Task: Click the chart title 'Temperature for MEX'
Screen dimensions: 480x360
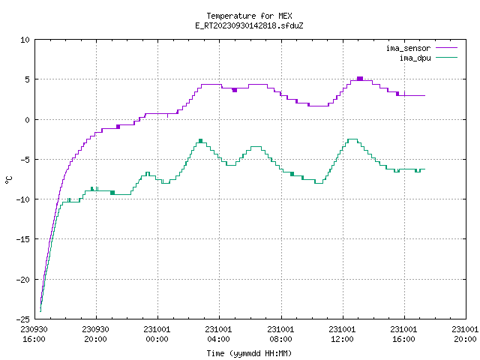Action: click(249, 16)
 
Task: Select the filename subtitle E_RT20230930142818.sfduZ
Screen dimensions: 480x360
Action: click(249, 25)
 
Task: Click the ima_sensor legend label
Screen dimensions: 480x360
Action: click(408, 48)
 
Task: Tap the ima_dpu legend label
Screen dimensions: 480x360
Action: click(415, 58)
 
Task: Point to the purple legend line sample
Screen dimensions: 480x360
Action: click(447, 48)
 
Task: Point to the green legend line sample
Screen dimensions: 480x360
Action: click(447, 57)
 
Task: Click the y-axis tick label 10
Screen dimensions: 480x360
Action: click(25, 40)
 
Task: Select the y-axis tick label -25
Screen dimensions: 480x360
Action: click(23, 319)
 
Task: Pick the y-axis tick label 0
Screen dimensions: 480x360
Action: click(27, 120)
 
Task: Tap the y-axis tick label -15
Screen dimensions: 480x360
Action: click(23, 239)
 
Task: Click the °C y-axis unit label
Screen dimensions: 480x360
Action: click(8, 180)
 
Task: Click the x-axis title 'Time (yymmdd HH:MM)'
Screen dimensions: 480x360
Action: click(249, 353)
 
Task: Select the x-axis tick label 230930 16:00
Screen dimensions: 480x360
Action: click(34, 334)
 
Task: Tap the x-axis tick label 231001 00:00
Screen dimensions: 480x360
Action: click(157, 334)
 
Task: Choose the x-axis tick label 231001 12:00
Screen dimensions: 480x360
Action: click(342, 334)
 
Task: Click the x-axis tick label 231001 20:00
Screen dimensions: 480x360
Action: click(465, 334)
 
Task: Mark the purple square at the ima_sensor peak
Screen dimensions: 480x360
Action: click(360, 79)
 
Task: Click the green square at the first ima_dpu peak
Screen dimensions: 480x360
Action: click(200, 141)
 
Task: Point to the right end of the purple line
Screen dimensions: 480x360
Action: click(425, 95)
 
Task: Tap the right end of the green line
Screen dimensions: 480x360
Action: click(425, 169)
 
